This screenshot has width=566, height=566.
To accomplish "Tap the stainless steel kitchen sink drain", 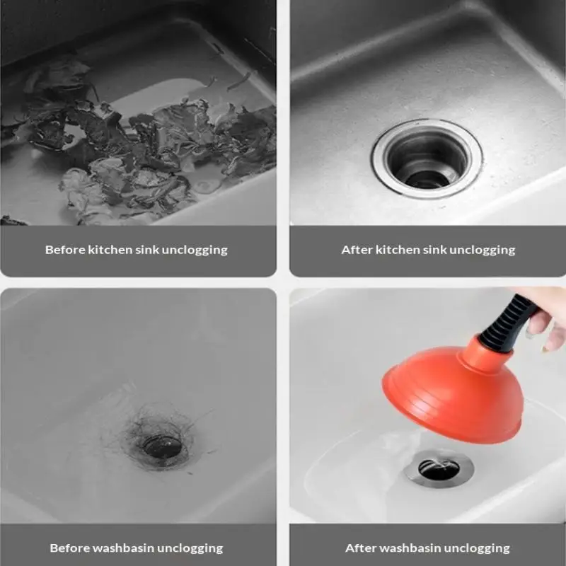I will click(x=427, y=159).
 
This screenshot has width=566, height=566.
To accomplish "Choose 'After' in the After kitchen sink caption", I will click(x=356, y=250).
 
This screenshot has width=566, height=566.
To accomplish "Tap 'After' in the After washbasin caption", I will click(x=360, y=548).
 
